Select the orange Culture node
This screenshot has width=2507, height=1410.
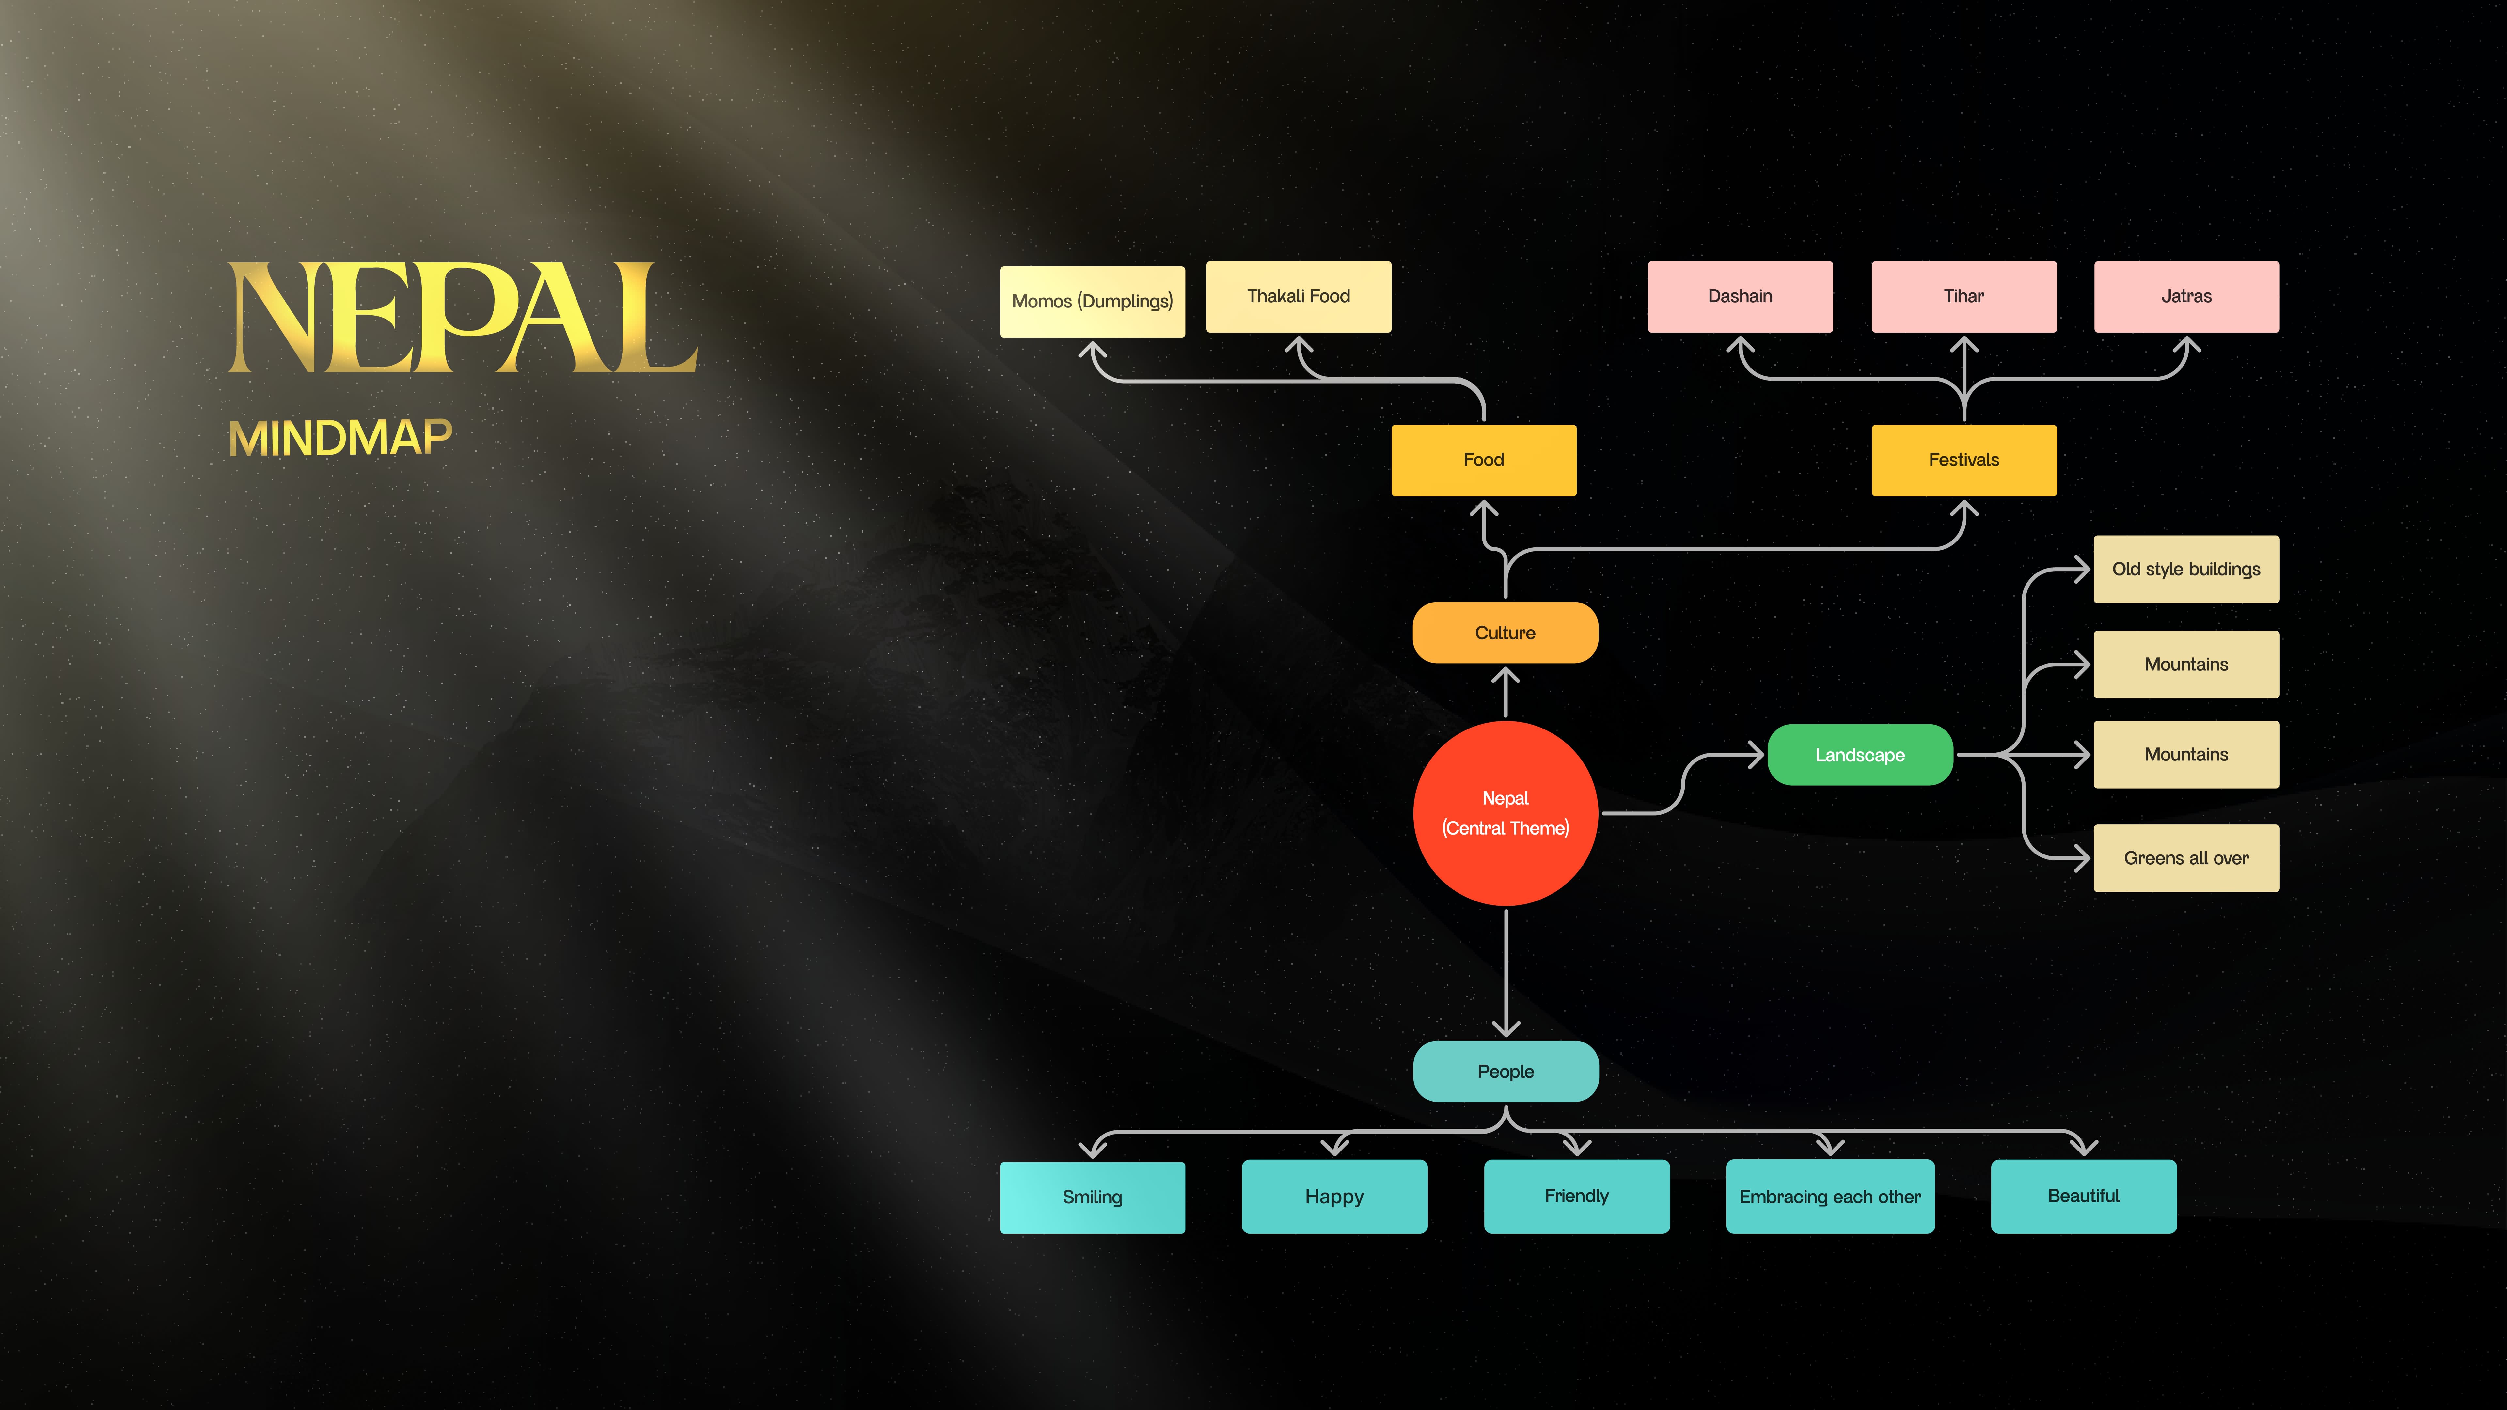tap(1505, 633)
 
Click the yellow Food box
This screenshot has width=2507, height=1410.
tap(1483, 459)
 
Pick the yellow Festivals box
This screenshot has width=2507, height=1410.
tap(1963, 459)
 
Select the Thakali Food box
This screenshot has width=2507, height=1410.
tap(1298, 296)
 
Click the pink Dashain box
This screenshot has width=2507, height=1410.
tap(1740, 296)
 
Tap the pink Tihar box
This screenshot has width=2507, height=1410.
tap(1963, 296)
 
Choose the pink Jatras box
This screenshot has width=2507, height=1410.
tap(2186, 296)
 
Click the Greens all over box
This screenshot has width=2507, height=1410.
tap(2186, 857)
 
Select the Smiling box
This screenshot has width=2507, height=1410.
tap(1092, 1197)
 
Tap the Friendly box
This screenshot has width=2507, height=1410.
tap(1577, 1196)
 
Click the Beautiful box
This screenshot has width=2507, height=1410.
tap(2083, 1196)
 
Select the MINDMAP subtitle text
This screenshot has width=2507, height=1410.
tap(340, 438)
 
